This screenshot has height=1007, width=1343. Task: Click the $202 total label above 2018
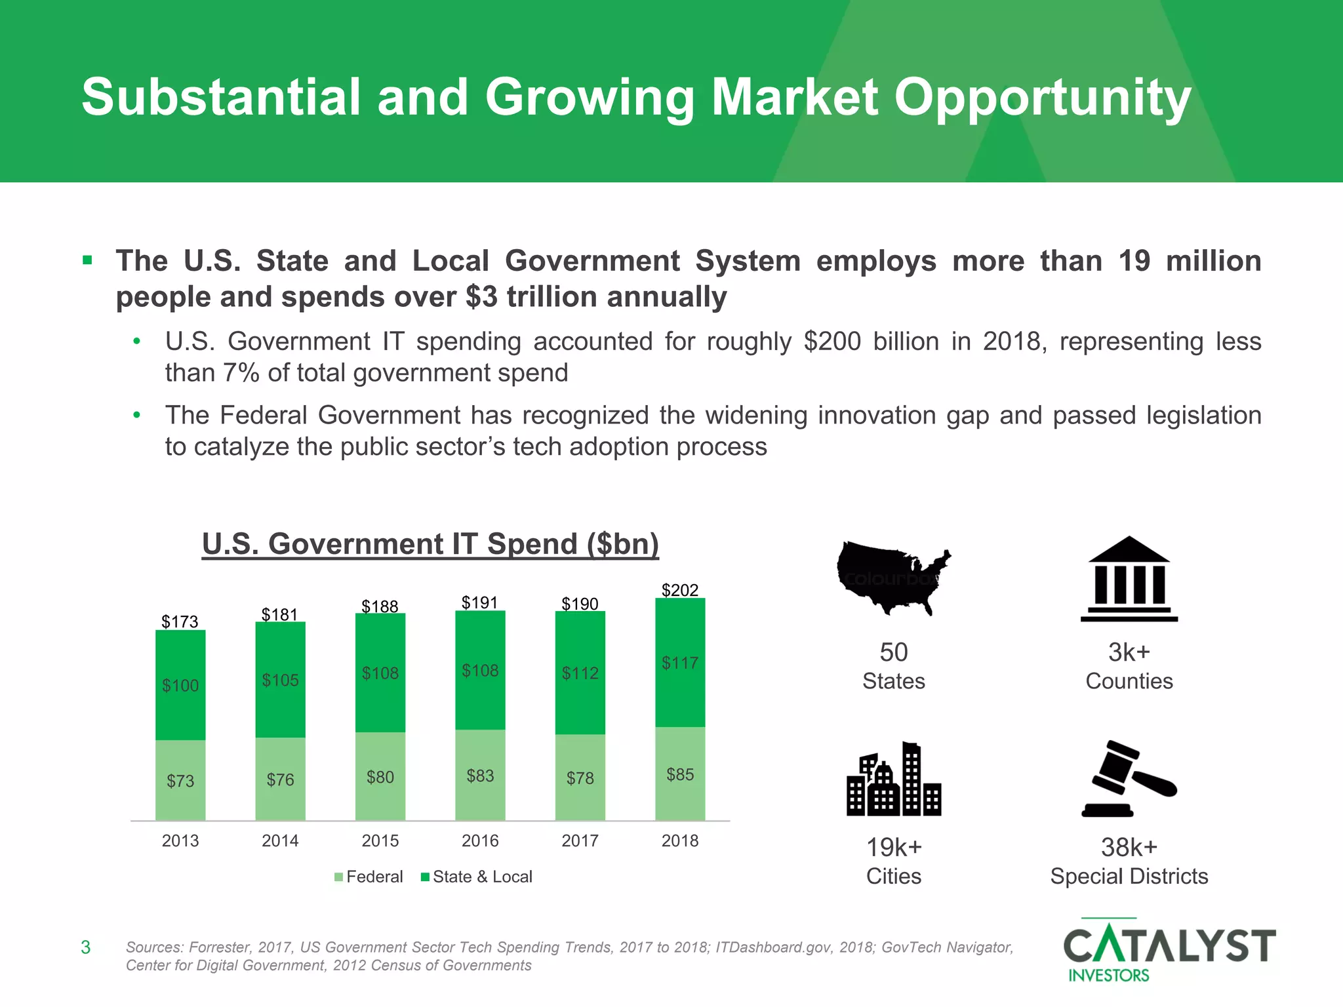680,590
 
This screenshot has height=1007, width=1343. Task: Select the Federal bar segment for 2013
180,780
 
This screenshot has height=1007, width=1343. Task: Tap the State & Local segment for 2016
480,670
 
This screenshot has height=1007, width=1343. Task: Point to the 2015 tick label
380,840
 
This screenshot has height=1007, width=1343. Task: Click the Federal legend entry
369,877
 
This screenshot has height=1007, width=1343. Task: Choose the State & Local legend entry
477,877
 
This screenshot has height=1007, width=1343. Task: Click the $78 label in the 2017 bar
580,778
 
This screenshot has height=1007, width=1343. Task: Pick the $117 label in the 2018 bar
680,663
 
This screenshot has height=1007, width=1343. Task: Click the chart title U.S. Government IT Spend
430,544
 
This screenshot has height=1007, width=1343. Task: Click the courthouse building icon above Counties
1129,580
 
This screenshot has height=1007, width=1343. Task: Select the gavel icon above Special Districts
1129,779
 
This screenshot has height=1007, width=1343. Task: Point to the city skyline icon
894,780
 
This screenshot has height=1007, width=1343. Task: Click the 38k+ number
1129,848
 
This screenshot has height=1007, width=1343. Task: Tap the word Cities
893,877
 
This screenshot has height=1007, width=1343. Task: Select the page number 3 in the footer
85,947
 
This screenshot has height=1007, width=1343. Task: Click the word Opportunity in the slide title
1043,97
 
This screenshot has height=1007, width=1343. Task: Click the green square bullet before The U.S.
87,261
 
